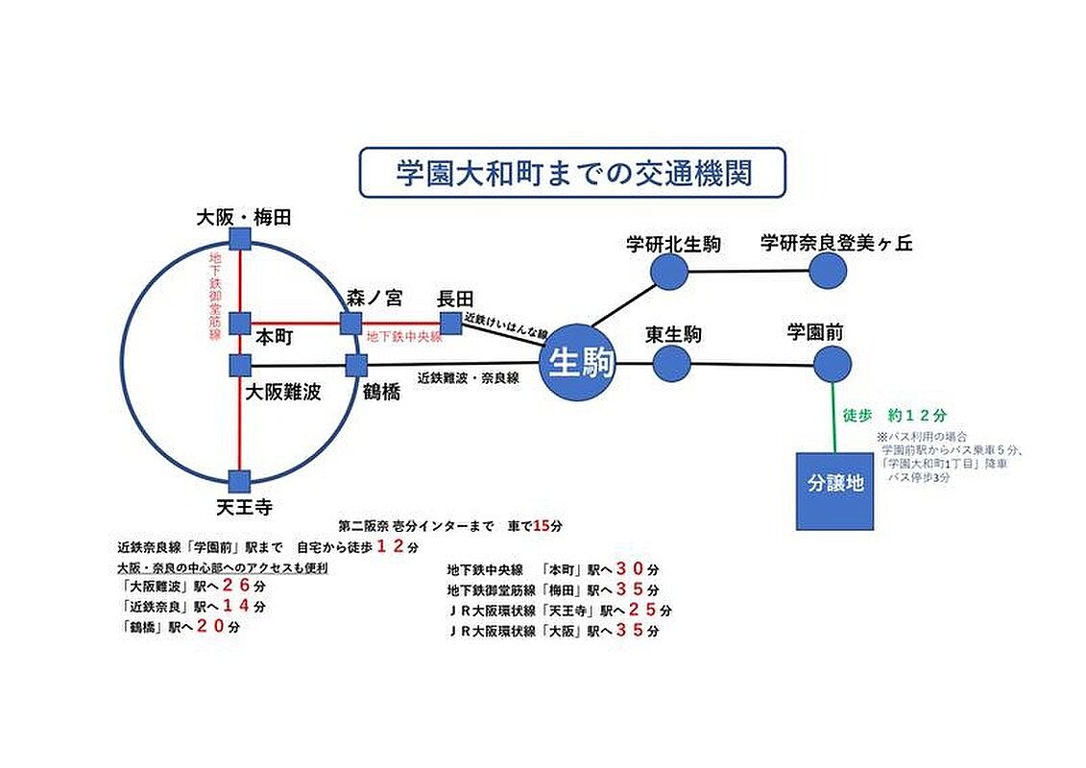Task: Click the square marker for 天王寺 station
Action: [x=240, y=480]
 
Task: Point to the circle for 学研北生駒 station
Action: [x=669, y=272]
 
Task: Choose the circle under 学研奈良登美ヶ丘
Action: [x=828, y=271]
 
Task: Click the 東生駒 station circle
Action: [x=672, y=364]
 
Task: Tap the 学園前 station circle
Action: [x=832, y=364]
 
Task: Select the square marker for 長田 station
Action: [x=449, y=323]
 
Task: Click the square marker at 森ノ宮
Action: [x=350, y=323]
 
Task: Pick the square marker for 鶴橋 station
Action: [x=356, y=365]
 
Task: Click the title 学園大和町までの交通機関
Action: [x=572, y=173]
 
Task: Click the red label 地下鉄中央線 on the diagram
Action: [x=404, y=337]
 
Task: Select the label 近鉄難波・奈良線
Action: [x=468, y=378]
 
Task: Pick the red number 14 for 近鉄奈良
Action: [x=236, y=607]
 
